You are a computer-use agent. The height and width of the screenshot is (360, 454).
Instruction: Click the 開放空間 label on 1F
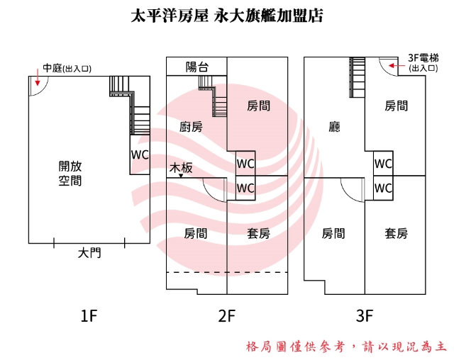[x=70, y=174]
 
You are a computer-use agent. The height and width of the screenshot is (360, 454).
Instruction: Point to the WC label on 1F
[x=140, y=154]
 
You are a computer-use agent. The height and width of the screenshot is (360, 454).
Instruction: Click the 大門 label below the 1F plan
[x=89, y=252]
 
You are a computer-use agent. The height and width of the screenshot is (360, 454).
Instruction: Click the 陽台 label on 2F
[x=196, y=67]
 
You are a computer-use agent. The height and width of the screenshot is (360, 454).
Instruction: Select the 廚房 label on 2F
[x=191, y=127]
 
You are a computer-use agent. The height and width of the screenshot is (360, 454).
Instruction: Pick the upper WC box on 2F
[x=245, y=163]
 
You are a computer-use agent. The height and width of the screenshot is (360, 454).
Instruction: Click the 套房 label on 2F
[x=258, y=233]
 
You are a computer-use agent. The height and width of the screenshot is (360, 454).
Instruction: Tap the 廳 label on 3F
[x=335, y=128]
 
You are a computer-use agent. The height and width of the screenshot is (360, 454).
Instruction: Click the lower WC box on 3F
[x=383, y=188]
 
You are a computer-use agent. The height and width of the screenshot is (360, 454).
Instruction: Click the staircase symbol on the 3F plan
[x=357, y=74]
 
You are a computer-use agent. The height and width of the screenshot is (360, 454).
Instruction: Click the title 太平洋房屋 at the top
[x=168, y=15]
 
